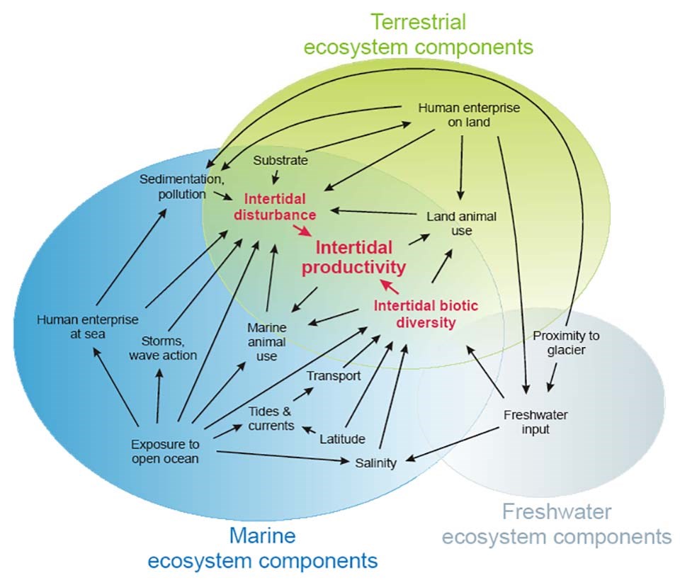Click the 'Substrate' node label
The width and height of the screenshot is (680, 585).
pyautogui.click(x=281, y=160)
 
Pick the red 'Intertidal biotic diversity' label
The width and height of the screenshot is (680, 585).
pyautogui.click(x=416, y=314)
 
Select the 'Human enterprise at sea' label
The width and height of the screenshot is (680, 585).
pyautogui.click(x=88, y=326)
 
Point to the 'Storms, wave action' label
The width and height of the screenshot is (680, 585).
pyautogui.click(x=163, y=347)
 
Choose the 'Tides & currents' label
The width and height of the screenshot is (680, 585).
pyautogui.click(x=271, y=419)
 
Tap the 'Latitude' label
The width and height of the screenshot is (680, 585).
pyautogui.click(x=342, y=439)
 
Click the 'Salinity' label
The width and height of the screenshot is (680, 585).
pyautogui.click(x=375, y=463)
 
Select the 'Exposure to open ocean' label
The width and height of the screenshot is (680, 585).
pyautogui.click(x=165, y=451)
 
